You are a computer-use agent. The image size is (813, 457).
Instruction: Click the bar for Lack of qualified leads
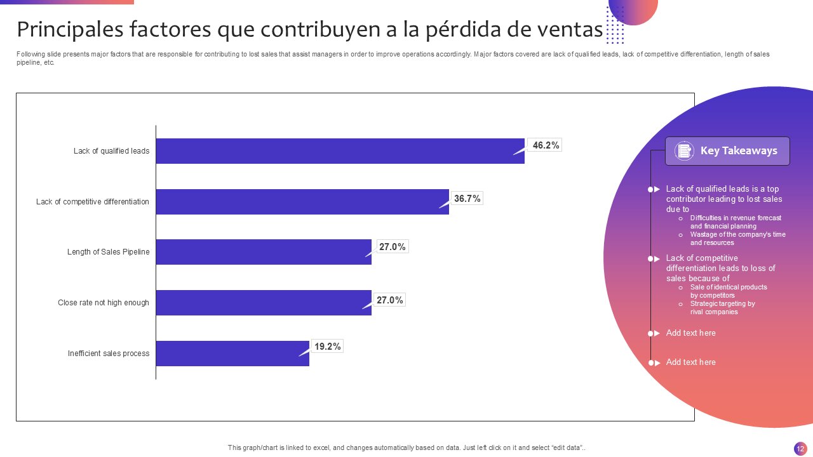click(340, 151)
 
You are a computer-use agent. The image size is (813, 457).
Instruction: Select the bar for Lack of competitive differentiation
click(302, 202)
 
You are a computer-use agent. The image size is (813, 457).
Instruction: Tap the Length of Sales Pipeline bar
click(264, 252)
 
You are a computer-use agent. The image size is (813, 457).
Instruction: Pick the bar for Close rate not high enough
click(264, 303)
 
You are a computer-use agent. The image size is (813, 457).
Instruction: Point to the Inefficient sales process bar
click(232, 354)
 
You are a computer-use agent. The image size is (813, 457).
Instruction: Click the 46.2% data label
click(546, 145)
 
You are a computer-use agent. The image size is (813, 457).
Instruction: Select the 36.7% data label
click(467, 199)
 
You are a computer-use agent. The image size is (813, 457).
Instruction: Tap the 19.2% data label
click(328, 347)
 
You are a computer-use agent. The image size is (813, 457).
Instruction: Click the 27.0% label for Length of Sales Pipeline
click(392, 247)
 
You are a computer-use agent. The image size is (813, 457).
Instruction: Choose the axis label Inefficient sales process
click(109, 354)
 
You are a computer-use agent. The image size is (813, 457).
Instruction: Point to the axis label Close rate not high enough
click(104, 303)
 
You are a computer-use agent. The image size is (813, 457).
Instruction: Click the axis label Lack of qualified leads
click(111, 151)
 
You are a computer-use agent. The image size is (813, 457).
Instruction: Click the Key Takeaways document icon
click(684, 151)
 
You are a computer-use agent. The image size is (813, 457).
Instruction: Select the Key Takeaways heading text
click(739, 151)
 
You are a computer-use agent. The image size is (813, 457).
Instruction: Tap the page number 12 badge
click(800, 449)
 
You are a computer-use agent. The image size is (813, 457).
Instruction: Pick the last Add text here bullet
click(690, 362)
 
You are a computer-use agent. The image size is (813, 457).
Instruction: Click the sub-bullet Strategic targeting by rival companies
click(722, 308)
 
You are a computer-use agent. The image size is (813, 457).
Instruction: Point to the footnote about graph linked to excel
click(406, 447)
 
